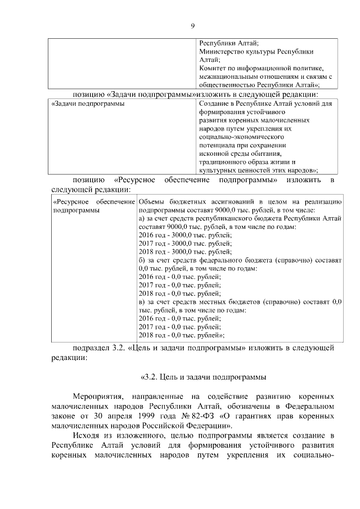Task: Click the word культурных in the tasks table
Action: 216,169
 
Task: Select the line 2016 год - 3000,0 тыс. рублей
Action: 184,235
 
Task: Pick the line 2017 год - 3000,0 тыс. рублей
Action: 184,243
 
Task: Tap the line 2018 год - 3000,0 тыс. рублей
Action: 184,251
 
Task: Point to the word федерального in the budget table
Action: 222,260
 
